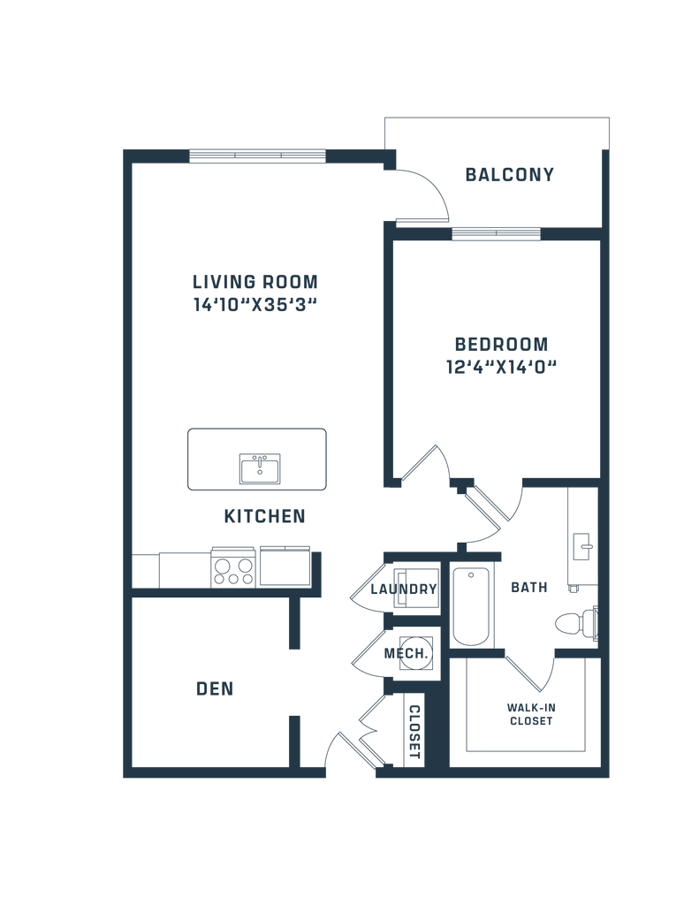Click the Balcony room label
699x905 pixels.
(510, 175)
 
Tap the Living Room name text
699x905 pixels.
(255, 283)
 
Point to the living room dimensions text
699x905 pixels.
(255, 307)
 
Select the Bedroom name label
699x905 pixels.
(501, 343)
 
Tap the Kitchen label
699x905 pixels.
(265, 515)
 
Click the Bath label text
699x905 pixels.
(528, 587)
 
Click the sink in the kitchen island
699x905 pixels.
(260, 468)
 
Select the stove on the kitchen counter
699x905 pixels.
(234, 567)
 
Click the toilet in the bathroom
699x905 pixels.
(575, 624)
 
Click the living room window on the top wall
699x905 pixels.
(258, 156)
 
